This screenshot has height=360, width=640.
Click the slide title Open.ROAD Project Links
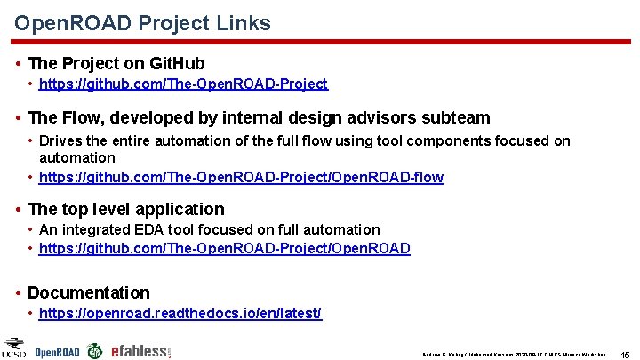[142, 23]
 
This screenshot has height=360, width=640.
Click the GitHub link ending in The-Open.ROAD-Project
[184, 84]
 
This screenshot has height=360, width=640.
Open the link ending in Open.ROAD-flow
[242, 177]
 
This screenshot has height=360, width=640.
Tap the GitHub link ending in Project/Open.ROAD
[225, 248]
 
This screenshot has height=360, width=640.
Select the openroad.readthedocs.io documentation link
[180, 314]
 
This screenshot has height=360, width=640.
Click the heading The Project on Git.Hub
[116, 63]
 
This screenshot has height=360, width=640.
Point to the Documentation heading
[89, 292]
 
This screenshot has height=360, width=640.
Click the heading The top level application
[126, 210]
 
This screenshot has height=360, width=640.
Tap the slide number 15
[624, 354]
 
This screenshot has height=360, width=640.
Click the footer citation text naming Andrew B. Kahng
[514, 354]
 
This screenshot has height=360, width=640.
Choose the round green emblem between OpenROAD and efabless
[94, 351]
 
